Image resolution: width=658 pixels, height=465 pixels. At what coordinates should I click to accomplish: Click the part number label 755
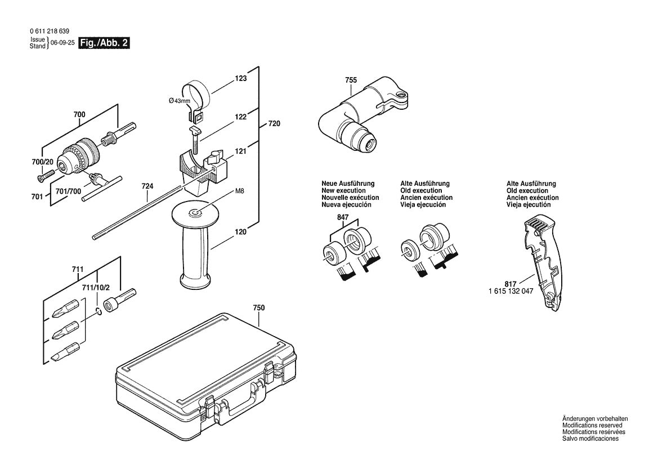(x=351, y=81)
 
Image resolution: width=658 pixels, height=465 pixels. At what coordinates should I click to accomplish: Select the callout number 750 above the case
(x=259, y=308)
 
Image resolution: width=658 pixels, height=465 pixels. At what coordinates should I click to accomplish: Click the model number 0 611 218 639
(x=50, y=32)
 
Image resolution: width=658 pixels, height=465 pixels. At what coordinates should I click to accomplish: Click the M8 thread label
(x=239, y=191)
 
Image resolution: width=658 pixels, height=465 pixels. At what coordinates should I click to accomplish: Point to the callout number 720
(x=274, y=123)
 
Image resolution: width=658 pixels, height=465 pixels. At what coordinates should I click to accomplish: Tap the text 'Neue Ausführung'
(x=347, y=184)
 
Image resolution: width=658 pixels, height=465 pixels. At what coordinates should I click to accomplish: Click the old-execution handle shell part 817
(x=543, y=262)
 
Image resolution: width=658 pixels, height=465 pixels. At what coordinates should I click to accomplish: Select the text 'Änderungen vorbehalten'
(x=594, y=419)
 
